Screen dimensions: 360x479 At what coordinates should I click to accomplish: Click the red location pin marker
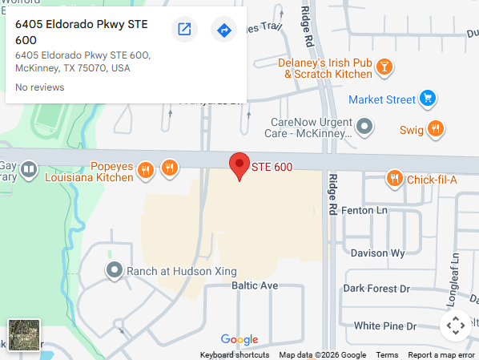point(239,165)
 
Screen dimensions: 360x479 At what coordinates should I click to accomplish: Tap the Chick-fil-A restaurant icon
point(393,179)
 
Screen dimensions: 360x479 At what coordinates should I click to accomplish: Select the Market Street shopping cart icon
point(428,99)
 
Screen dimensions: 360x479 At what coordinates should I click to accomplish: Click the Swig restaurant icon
point(436,129)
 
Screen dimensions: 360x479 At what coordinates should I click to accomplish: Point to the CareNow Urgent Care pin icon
point(365,126)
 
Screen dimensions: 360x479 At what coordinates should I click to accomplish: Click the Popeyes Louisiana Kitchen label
point(89,171)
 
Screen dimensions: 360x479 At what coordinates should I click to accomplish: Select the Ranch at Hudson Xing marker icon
point(115,271)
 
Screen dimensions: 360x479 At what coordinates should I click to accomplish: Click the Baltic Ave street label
point(255,285)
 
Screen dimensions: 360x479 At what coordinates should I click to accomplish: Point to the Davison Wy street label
point(376,253)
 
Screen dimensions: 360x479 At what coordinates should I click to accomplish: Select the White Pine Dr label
point(385,326)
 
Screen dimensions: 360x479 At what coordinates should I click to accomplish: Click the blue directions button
point(224,30)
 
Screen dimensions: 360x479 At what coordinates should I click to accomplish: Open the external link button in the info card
point(184,30)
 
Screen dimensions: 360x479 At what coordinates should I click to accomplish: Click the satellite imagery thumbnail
point(24,334)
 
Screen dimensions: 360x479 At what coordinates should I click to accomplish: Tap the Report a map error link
point(441,355)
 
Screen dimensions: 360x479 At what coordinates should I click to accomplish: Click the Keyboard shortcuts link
point(235,355)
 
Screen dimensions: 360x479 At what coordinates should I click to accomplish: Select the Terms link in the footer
point(387,355)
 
